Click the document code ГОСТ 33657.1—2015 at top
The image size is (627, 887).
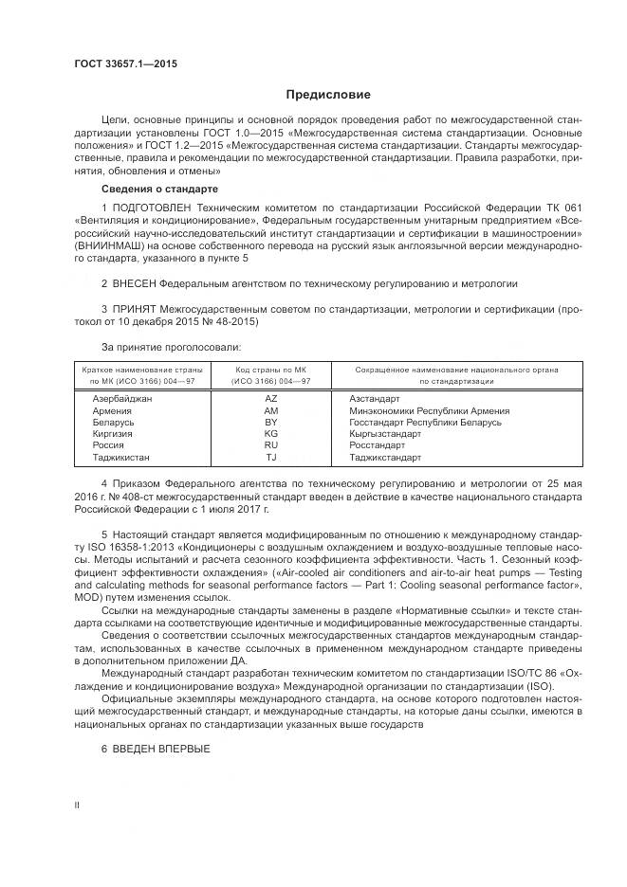[x=125, y=64]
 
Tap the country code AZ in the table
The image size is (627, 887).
[x=270, y=399]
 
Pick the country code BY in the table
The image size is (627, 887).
[x=270, y=422]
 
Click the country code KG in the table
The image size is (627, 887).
[x=270, y=433]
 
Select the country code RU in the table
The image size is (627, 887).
[x=270, y=444]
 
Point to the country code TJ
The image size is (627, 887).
[x=270, y=456]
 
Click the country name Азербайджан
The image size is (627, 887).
[x=122, y=399]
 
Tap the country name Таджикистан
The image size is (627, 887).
[x=122, y=456]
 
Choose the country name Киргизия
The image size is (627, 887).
[x=113, y=433]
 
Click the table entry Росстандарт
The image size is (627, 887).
[x=378, y=444]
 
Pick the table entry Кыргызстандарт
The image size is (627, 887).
[x=384, y=433]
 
